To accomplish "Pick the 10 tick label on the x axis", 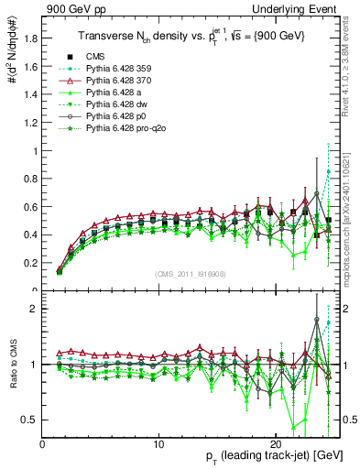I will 159,442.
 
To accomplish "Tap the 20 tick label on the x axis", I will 276,442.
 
